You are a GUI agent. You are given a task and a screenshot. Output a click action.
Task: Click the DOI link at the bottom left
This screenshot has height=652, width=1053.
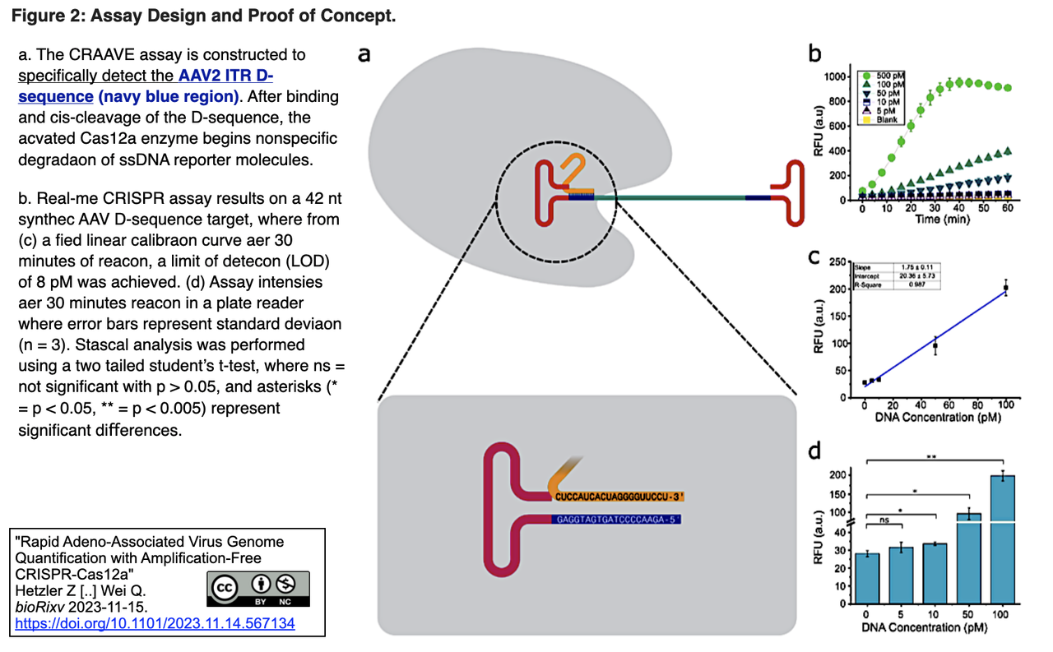tap(155, 624)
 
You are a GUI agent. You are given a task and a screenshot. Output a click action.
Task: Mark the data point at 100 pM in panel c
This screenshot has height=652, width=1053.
tap(1005, 288)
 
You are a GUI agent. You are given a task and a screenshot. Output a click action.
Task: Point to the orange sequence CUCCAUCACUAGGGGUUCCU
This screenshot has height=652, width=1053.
tap(617, 497)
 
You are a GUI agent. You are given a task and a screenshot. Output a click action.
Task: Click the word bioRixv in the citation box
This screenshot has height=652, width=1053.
tap(41, 606)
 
